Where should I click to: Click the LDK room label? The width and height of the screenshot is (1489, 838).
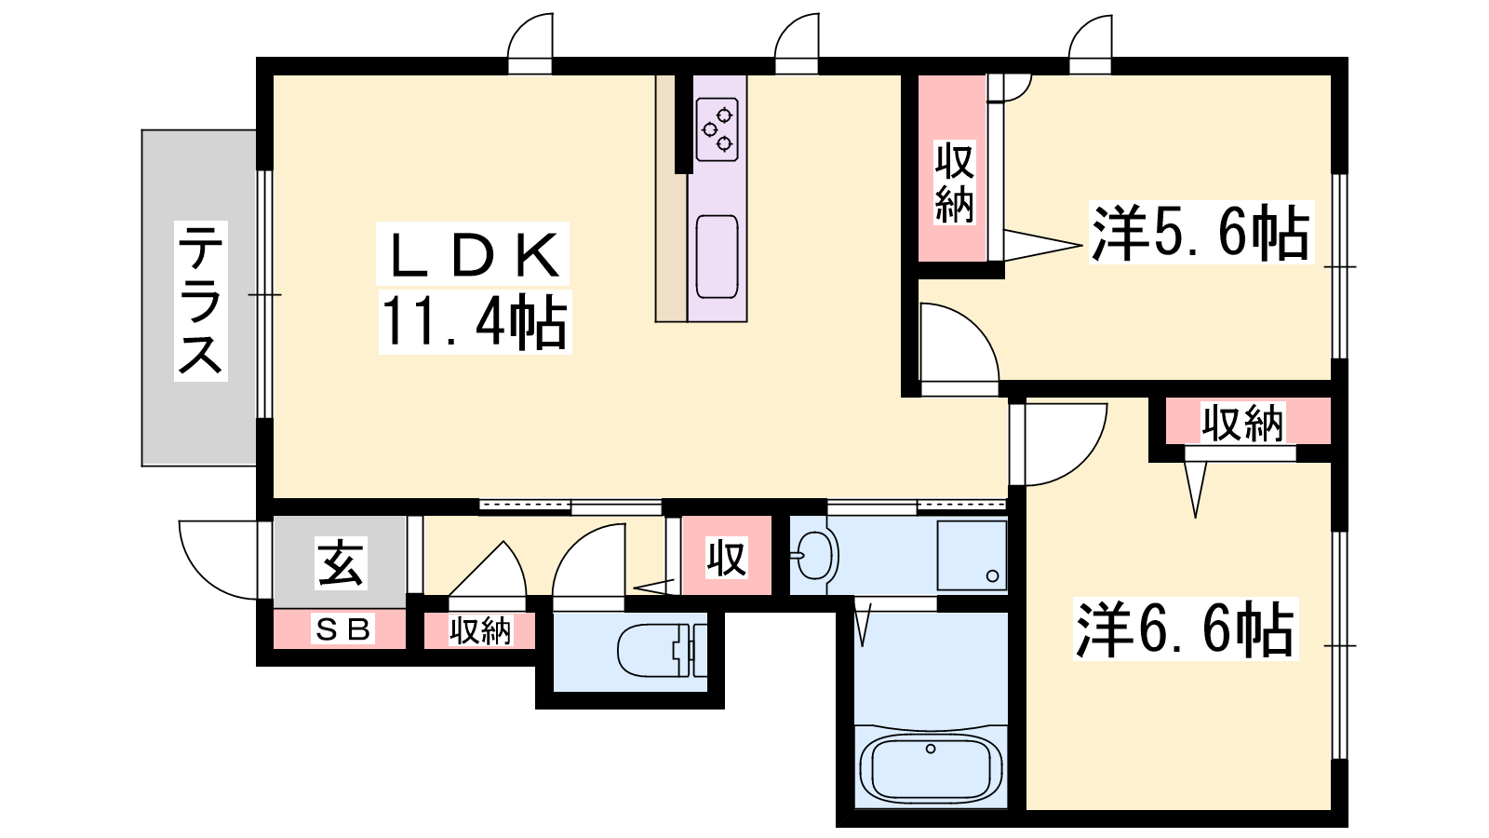[473, 255]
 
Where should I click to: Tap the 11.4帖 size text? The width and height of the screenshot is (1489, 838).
[475, 322]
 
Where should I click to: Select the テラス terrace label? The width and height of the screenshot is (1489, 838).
[200, 301]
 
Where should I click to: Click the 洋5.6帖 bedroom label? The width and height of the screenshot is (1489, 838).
[1201, 232]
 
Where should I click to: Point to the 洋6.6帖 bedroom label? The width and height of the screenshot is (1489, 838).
[1186, 628]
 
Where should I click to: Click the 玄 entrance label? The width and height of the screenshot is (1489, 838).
[341, 562]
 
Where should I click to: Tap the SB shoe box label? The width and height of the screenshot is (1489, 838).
[342, 628]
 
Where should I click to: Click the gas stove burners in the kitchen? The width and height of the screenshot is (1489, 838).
[718, 129]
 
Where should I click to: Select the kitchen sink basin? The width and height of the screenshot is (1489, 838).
[718, 257]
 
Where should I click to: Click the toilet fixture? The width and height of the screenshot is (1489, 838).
[662, 650]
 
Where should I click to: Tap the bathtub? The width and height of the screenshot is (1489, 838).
[931, 769]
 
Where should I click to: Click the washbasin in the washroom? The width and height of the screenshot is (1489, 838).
[815, 555]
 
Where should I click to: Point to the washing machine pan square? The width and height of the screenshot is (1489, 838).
[972, 555]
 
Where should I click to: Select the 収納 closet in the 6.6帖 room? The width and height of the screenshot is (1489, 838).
[1242, 423]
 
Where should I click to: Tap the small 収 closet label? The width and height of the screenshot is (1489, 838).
[727, 558]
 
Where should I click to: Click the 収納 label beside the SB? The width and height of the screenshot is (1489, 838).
[480, 629]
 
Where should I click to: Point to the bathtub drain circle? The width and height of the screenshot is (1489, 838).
[931, 749]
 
